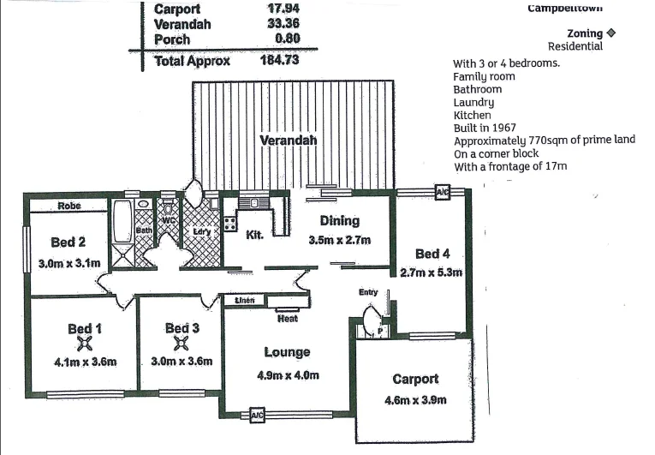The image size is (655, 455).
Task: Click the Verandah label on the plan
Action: tap(288, 140)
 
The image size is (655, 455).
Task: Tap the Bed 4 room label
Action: tap(432, 254)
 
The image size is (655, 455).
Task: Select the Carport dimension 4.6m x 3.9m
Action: tap(415, 400)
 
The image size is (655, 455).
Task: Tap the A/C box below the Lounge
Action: tap(257, 416)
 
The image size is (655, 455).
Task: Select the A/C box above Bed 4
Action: tap(443, 192)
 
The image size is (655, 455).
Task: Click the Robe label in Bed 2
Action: tap(69, 206)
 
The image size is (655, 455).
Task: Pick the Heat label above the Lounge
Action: tap(288, 319)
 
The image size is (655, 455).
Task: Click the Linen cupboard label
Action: tap(245, 300)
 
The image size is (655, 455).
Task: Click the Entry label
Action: tap(368, 292)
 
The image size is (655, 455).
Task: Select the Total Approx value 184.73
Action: tap(283, 61)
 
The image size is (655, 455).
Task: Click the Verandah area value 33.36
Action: tap(283, 25)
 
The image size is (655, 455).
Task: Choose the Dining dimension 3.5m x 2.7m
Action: tap(339, 240)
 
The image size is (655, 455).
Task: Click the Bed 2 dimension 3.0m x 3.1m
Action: tap(70, 263)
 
